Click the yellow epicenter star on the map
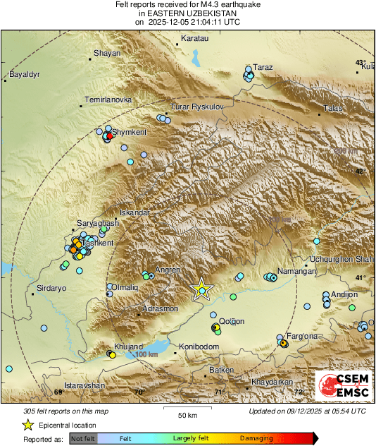coord(202,290)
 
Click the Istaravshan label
coord(84,385)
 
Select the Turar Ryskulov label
coord(197,107)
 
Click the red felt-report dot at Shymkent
coord(108,136)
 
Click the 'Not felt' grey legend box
coord(84,439)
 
